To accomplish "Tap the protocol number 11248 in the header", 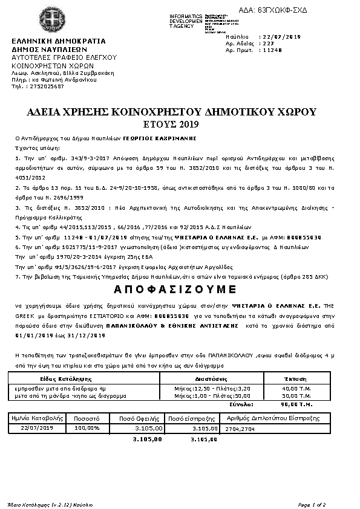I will click(x=270, y=50).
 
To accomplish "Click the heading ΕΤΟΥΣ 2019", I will click(x=180, y=125).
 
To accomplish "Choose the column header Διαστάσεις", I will click(x=211, y=378).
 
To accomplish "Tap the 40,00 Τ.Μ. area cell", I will click(x=297, y=387).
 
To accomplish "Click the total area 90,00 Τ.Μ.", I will click(x=296, y=403).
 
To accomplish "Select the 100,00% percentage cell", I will click(x=86, y=428).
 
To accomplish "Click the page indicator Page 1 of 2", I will click(x=312, y=504).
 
